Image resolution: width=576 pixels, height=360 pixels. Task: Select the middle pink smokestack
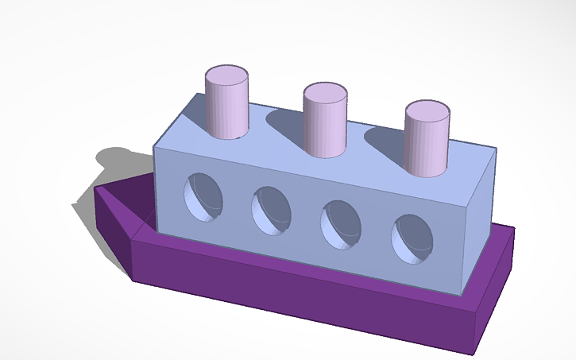[325, 126]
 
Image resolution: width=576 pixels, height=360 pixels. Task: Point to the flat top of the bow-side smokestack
[228, 75]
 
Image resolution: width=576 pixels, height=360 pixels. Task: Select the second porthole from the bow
[271, 210]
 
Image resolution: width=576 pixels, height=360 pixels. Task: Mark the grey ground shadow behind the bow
[111, 163]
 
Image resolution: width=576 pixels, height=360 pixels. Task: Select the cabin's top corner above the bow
[154, 146]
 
